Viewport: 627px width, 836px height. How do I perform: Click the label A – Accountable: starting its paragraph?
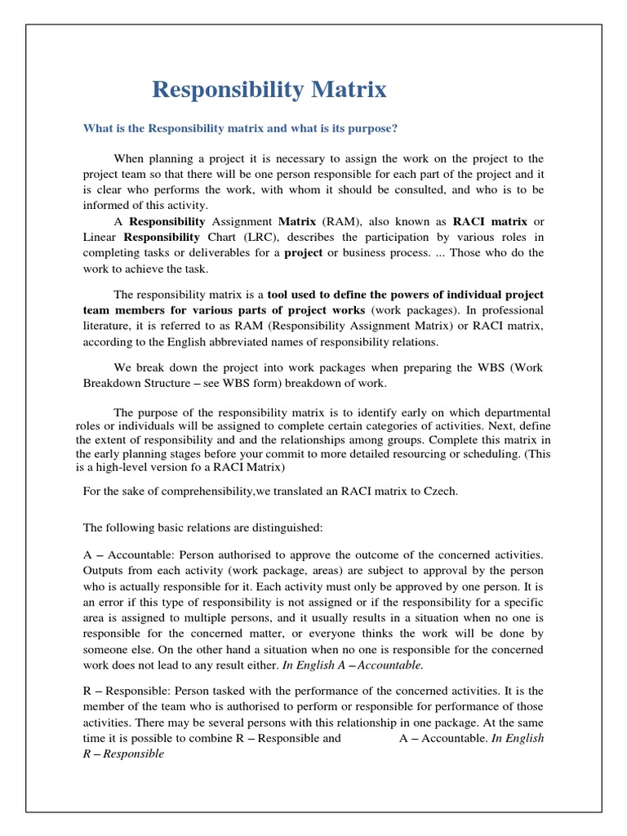[x=124, y=554]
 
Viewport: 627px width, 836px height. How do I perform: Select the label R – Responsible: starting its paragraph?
[x=126, y=690]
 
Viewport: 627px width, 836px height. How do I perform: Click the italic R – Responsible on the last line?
[x=123, y=754]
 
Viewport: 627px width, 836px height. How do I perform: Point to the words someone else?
[x=118, y=650]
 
